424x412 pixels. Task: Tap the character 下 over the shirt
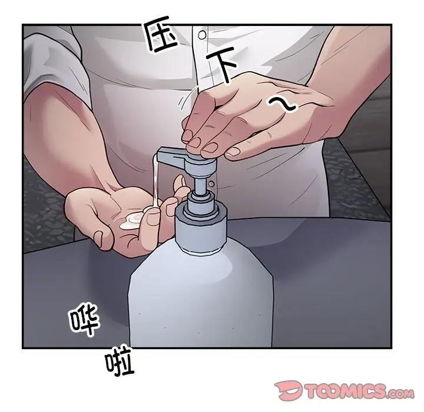coord(221,64)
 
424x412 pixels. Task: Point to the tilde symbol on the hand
coord(281,105)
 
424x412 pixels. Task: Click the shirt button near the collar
coord(202,35)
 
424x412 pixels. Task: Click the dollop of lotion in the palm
coord(132,220)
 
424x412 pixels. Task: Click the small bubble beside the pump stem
coord(211,184)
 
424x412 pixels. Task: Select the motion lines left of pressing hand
coord(187,99)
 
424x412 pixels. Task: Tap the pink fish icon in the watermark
coord(289,390)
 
